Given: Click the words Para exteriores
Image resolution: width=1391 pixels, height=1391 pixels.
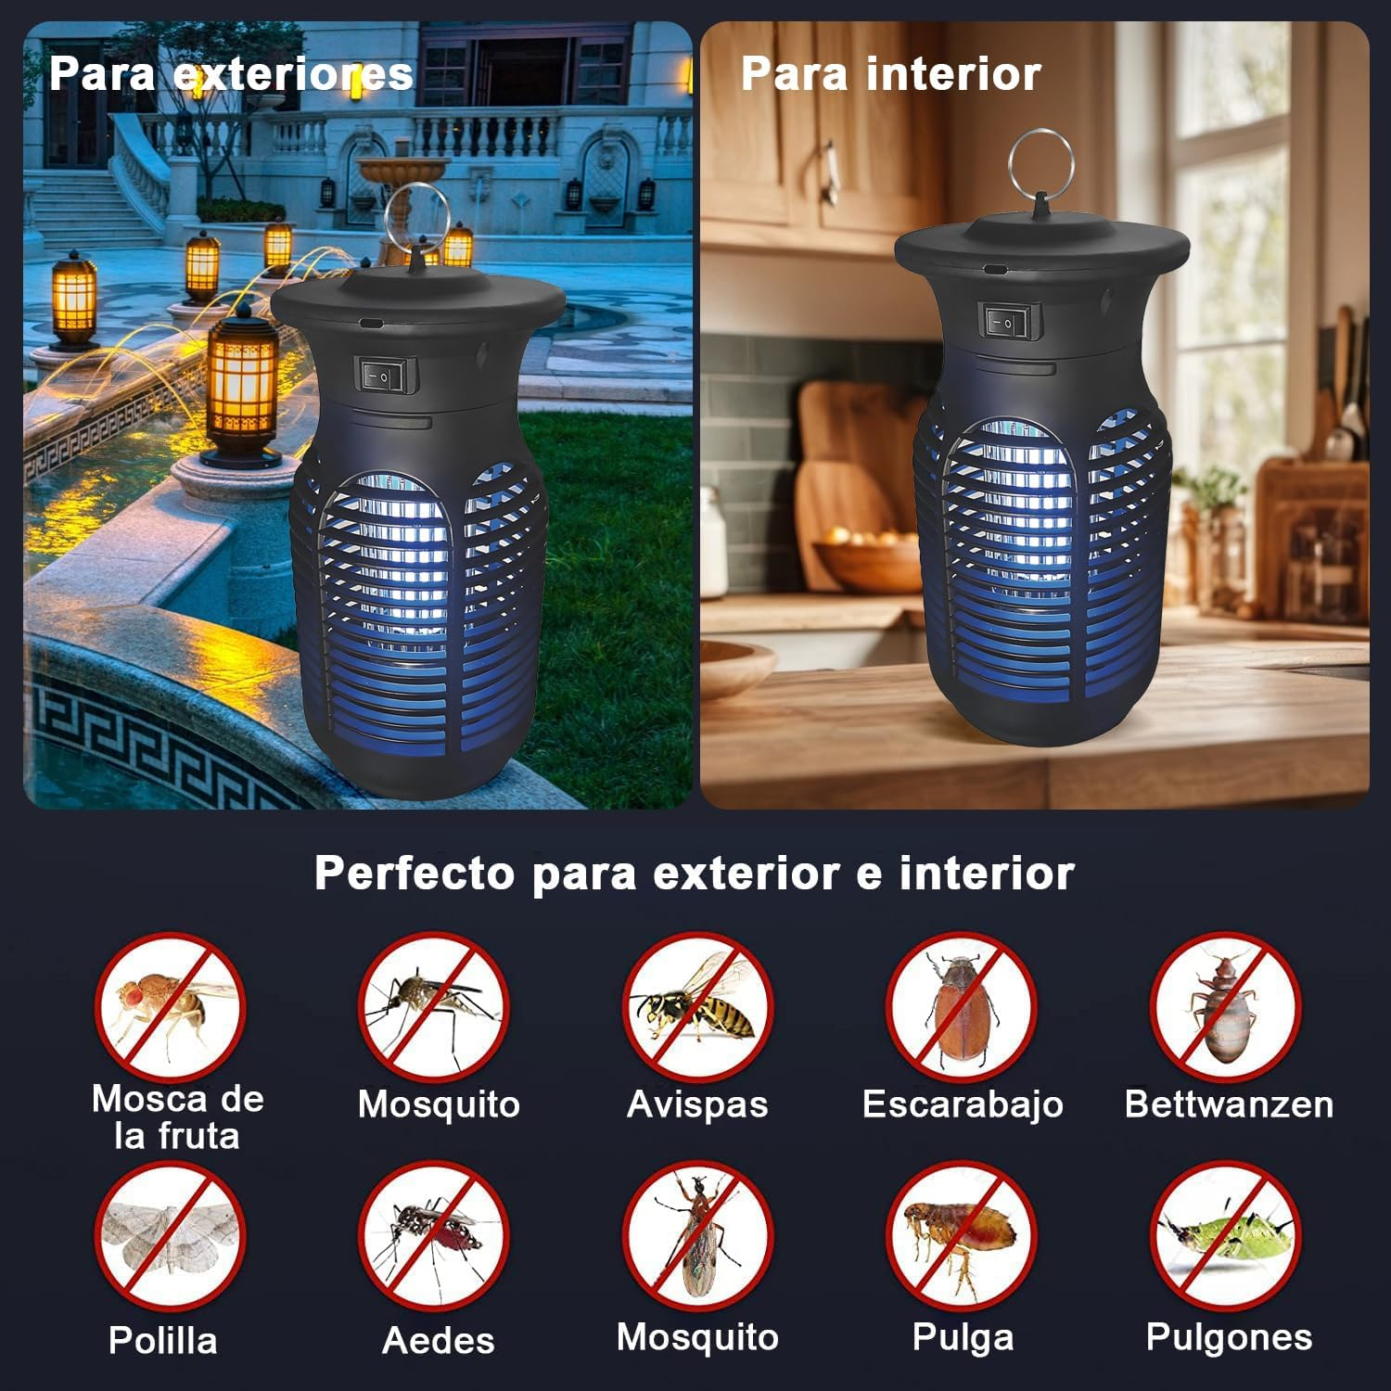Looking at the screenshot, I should tap(230, 74).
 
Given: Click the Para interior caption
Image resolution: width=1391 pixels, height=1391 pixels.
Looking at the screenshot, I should tap(890, 74).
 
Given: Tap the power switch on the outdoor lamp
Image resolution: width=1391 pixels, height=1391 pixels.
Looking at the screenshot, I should tap(387, 376).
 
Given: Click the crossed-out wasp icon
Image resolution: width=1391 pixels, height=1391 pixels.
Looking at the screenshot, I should tap(696, 1007).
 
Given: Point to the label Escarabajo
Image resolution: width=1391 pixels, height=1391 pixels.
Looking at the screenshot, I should tap(962, 1104).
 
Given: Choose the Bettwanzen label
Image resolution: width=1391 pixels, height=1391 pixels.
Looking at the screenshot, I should tap(1228, 1104).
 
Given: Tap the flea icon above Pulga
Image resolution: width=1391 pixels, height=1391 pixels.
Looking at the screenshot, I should tap(961, 1236).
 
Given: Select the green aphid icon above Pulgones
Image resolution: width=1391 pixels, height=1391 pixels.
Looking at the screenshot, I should tap(1225, 1236).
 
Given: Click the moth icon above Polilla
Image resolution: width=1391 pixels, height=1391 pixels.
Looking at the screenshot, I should tap(170, 1236).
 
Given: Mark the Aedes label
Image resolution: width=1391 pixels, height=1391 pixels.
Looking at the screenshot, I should tap(438, 1340).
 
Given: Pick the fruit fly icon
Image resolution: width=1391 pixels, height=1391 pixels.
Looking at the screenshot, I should tap(170, 1007).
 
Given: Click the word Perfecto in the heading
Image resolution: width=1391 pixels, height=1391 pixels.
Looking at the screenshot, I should tap(414, 874).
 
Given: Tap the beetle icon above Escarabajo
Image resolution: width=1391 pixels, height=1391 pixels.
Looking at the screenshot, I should tap(961, 1007).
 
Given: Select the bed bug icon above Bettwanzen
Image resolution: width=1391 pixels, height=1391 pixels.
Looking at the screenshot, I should tap(1225, 1007).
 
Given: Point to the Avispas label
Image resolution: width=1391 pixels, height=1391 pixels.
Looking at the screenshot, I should tap(696, 1104).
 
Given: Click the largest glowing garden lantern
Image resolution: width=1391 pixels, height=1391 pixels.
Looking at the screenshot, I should tap(241, 385).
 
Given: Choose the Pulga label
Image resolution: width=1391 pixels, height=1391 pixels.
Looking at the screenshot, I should tap(962, 1337).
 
